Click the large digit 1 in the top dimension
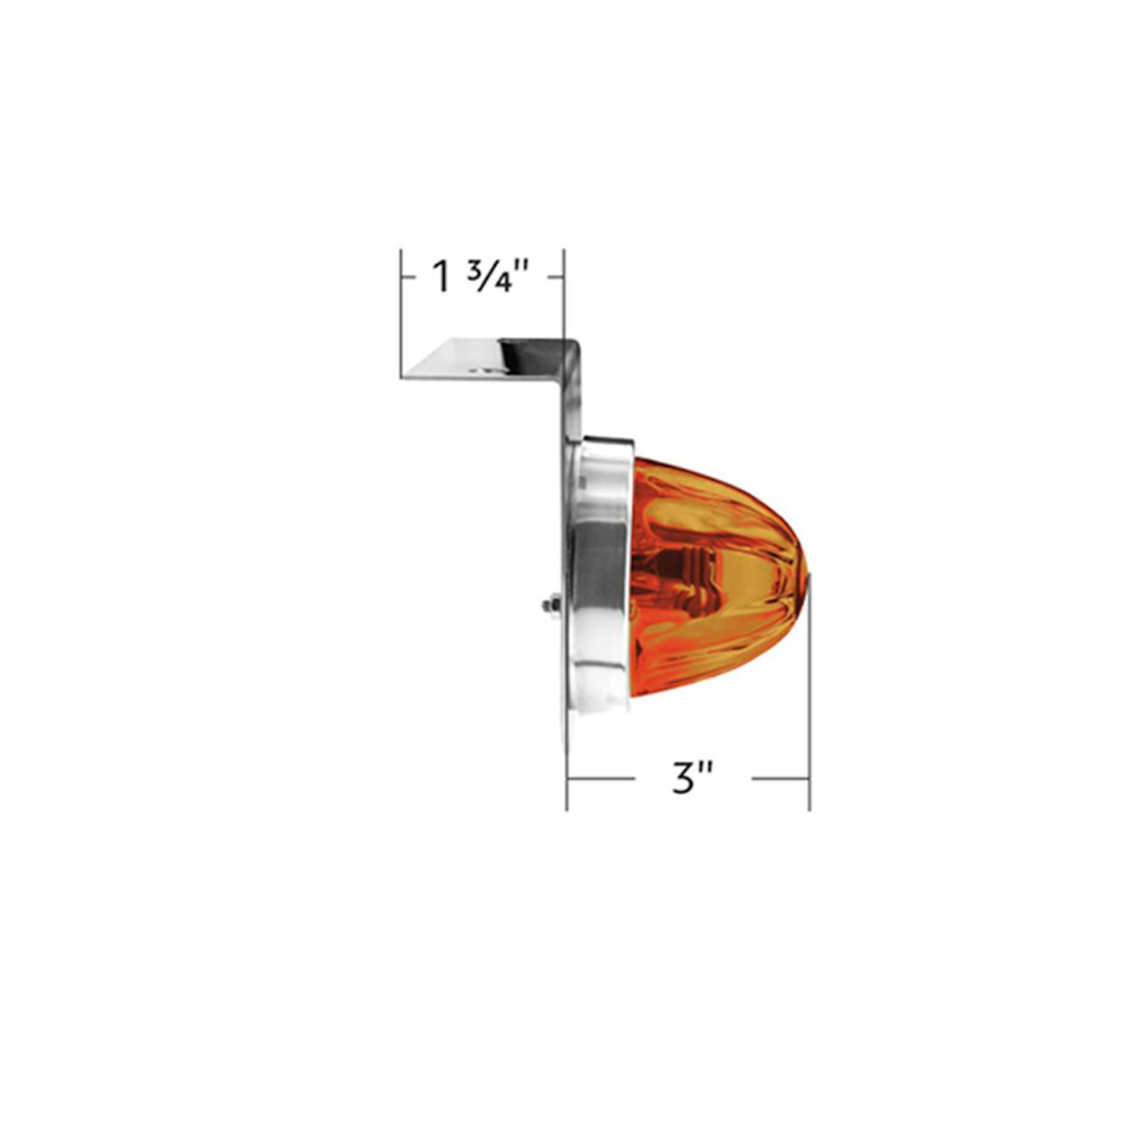[442, 278]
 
